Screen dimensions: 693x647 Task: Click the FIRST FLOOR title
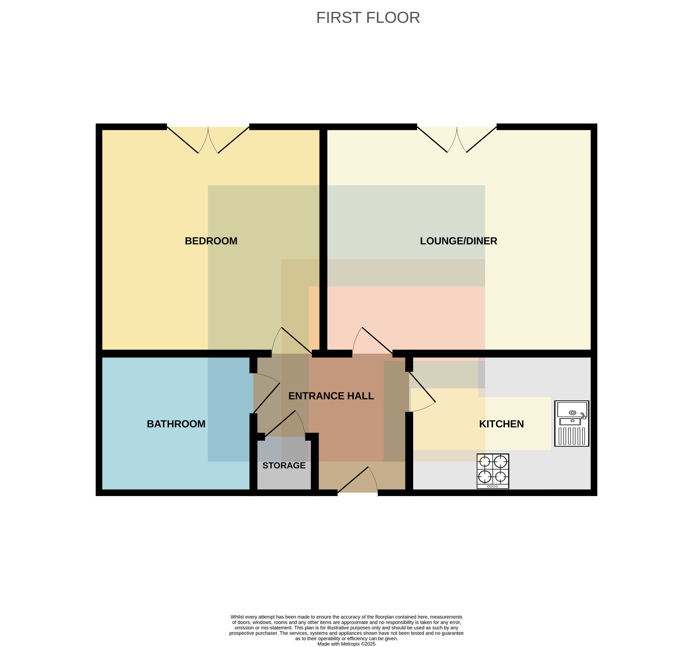click(x=368, y=18)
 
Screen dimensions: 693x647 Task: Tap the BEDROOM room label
click(x=211, y=241)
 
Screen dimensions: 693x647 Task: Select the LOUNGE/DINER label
click(x=458, y=241)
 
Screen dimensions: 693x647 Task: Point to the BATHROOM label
click(x=176, y=424)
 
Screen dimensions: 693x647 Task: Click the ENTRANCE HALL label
click(x=331, y=396)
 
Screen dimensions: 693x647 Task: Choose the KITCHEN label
click(x=501, y=424)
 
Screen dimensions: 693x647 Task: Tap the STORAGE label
click(x=284, y=466)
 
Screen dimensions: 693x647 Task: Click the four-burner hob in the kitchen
click(x=493, y=471)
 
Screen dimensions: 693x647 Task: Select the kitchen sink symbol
click(x=572, y=423)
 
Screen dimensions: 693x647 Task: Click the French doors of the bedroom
click(x=208, y=140)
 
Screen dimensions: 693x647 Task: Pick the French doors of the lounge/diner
click(x=457, y=140)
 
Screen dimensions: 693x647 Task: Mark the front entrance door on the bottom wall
click(x=358, y=480)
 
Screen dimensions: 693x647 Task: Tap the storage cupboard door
click(x=285, y=423)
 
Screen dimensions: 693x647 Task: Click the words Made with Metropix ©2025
click(x=346, y=644)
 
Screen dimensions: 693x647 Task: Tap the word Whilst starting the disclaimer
click(x=238, y=617)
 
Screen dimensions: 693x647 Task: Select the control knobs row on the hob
click(x=493, y=486)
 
